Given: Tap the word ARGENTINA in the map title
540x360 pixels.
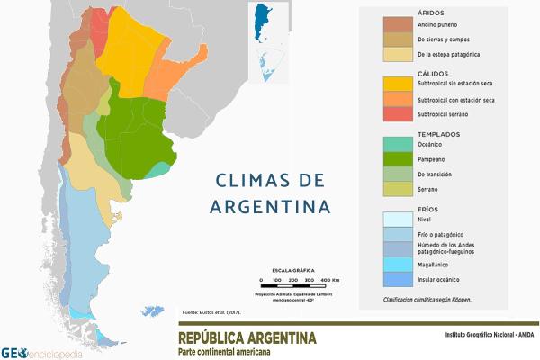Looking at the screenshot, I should [x=270, y=207].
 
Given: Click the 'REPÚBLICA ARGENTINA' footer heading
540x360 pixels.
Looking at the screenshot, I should [x=247, y=338].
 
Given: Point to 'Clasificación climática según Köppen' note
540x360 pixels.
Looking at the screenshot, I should [x=427, y=299].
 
